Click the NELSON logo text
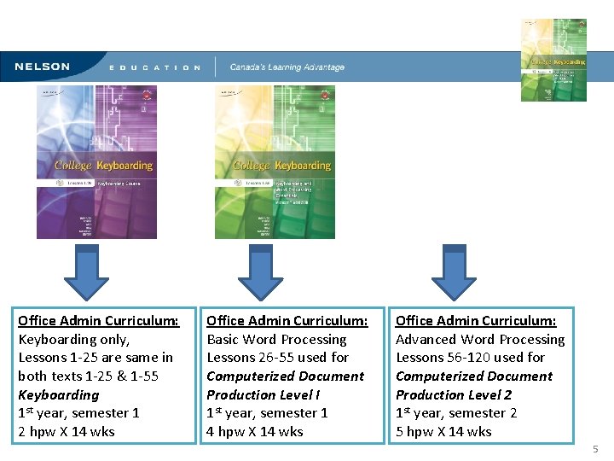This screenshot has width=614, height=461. tap(42, 67)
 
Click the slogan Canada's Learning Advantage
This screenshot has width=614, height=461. tap(287, 67)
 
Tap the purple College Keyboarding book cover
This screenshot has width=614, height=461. tap(96, 162)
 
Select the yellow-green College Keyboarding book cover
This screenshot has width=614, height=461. tap(275, 162)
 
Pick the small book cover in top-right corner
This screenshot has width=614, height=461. tap(553, 60)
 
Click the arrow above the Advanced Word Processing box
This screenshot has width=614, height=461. tap(455, 274)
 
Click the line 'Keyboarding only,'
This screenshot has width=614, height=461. tap(74, 339)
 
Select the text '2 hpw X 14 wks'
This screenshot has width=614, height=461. tap(67, 431)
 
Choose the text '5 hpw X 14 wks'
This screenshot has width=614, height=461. tap(443, 431)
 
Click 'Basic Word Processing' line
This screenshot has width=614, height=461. tap(276, 339)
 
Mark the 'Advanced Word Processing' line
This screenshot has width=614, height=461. tap(480, 339)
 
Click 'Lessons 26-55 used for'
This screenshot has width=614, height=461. tap(278, 358)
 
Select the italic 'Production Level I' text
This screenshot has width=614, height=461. tap(264, 394)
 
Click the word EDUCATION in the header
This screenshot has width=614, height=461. tap(155, 67)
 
